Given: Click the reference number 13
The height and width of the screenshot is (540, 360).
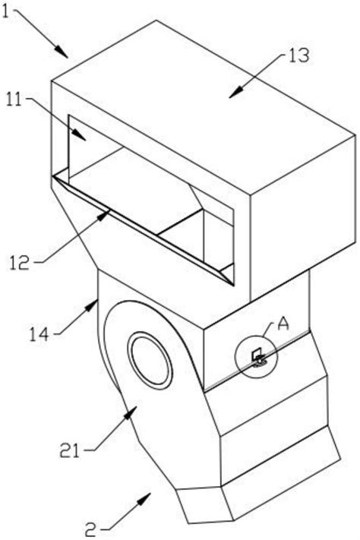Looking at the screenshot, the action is click(298, 55).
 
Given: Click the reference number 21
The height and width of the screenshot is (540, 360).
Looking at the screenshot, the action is click(69, 450).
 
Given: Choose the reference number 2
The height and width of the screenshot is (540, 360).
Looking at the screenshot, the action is click(90, 530).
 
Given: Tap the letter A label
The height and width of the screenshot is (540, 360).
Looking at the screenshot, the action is click(283, 325).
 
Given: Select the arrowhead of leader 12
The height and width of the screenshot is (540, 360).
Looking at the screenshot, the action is click(105, 215).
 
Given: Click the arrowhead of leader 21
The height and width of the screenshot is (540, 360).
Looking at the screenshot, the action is click(130, 412).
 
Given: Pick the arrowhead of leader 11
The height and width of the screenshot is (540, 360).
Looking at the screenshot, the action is click(80, 135).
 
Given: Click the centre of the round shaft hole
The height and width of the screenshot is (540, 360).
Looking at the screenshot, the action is click(150, 358).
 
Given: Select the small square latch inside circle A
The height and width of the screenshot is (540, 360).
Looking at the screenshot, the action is click(257, 354).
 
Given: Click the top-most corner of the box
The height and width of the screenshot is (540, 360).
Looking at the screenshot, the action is click(156, 20).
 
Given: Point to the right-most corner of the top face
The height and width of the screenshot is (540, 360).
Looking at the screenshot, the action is click(355, 135).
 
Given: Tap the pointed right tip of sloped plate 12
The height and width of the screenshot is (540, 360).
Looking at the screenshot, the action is click(233, 286).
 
